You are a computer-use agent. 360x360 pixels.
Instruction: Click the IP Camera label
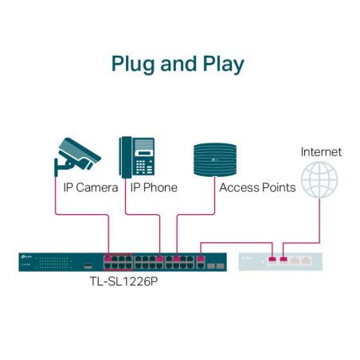90,188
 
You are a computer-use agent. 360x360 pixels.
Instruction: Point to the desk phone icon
136,156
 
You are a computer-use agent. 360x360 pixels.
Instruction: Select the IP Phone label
154,188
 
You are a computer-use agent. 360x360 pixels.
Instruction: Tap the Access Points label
257,188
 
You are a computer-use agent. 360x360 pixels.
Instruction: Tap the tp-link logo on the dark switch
25,256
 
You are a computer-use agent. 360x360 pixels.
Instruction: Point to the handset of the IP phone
125,156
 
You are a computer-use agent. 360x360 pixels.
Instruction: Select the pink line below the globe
320,219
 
